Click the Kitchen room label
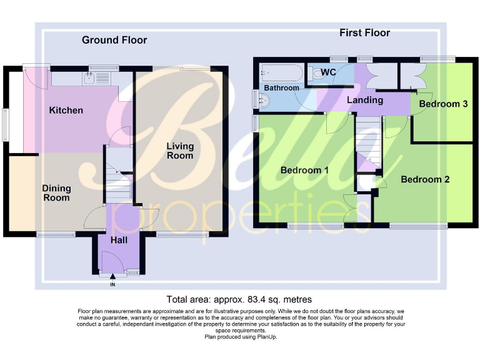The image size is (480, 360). [66, 111]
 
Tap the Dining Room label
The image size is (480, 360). [56, 192]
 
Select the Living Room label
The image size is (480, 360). [179, 151]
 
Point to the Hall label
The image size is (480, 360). [119, 240]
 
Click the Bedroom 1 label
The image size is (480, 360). [304, 170]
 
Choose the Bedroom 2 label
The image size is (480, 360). [425, 179]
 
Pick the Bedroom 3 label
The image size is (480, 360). [443, 104]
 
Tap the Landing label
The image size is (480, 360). [365, 100]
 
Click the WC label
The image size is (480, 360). [329, 72]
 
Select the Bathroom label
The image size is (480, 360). [281, 88]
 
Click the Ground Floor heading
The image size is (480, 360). [114, 40]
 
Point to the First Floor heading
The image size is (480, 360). [364, 32]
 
